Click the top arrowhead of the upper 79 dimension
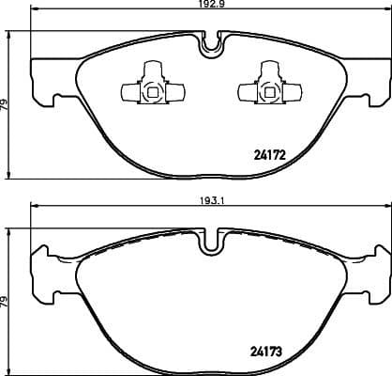[x=10, y=31]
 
